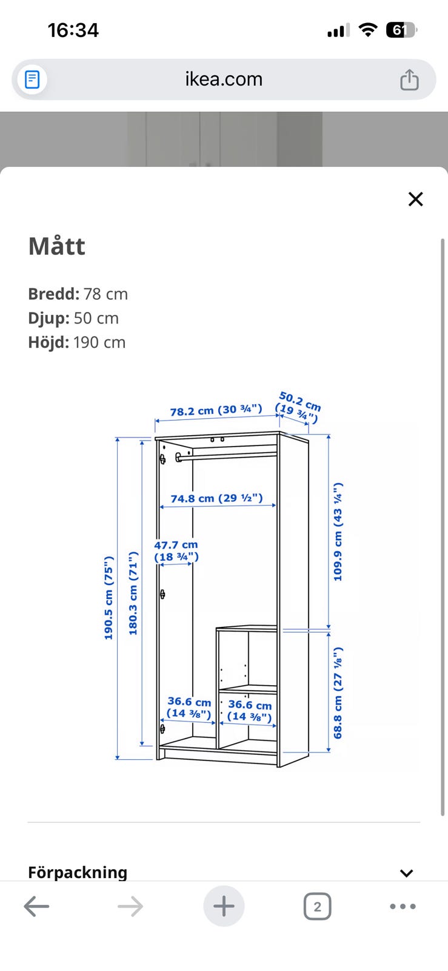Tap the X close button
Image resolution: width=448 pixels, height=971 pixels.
[415, 199]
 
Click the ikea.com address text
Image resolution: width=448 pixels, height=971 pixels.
[224, 80]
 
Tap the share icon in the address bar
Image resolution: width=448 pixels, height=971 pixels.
[409, 80]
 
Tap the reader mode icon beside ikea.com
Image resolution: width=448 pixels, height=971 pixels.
[32, 80]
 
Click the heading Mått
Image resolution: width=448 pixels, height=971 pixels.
[57, 246]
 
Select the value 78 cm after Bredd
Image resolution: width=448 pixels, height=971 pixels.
[105, 294]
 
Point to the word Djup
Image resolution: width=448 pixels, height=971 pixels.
[48, 319]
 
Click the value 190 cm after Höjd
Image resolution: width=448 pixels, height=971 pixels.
[99, 342]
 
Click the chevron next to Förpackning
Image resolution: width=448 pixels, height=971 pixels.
[406, 873]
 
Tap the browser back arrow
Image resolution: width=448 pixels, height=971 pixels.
[36, 907]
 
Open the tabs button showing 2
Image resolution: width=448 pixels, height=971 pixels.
[317, 907]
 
